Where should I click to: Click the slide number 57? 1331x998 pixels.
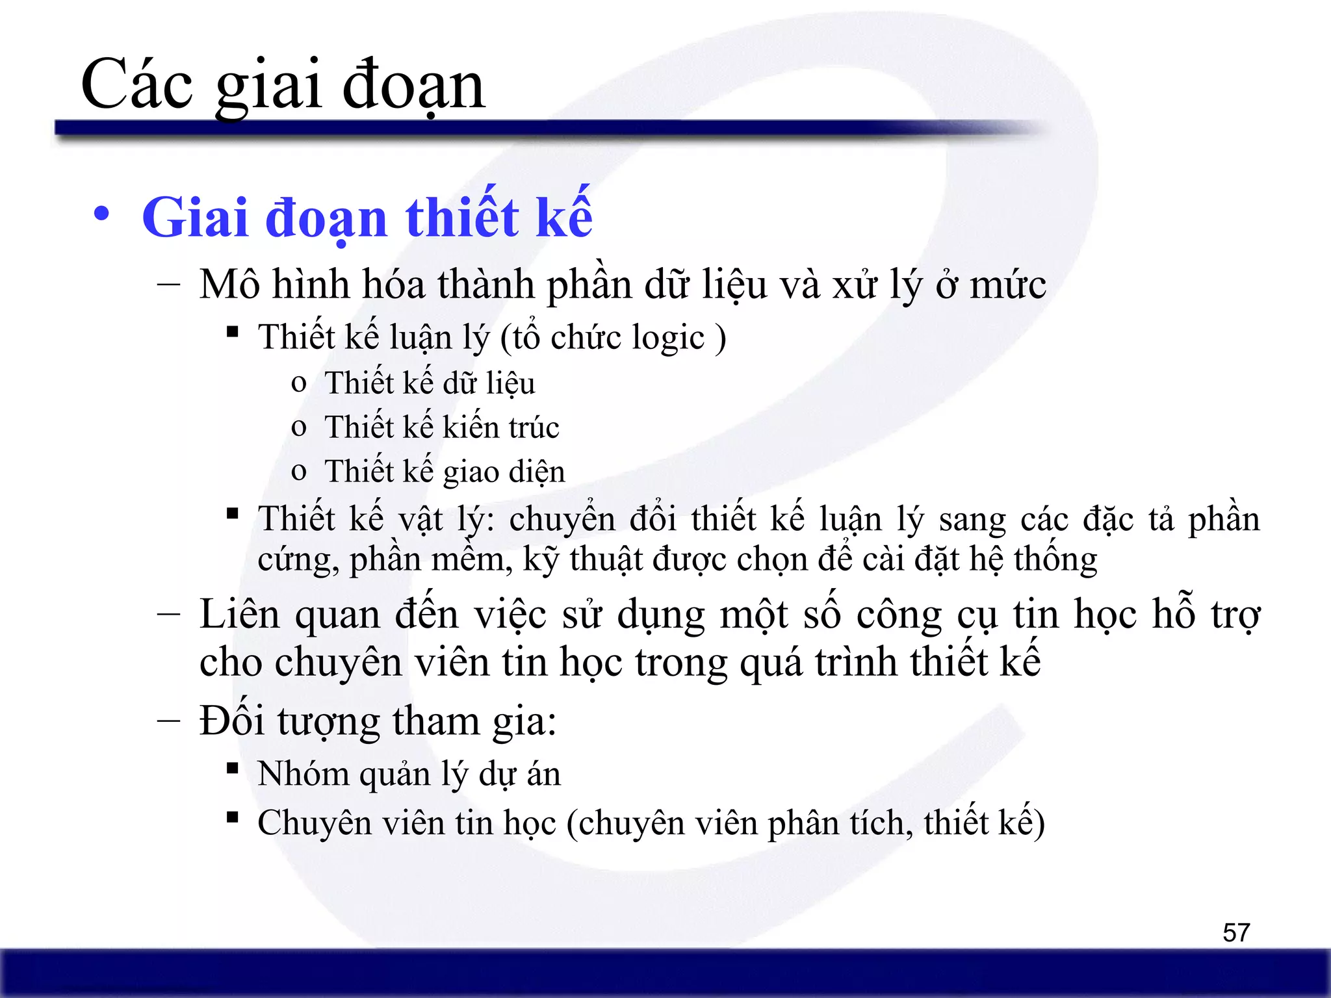click(x=1235, y=932)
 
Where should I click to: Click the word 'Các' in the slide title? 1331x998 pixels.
click(x=137, y=84)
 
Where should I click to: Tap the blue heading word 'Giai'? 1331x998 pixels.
click(x=196, y=218)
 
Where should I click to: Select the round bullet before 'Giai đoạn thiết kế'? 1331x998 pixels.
click(x=101, y=214)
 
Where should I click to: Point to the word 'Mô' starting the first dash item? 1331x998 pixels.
click(x=229, y=285)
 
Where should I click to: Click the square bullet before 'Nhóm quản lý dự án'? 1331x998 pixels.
click(x=232, y=769)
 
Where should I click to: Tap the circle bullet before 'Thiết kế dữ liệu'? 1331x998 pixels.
click(x=299, y=383)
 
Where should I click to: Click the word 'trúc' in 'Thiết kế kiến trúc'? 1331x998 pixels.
click(x=534, y=428)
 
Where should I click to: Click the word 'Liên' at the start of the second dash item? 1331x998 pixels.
click(x=239, y=614)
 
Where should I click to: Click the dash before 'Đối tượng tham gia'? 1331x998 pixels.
click(x=169, y=721)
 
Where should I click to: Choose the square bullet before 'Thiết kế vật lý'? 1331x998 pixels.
click(x=232, y=514)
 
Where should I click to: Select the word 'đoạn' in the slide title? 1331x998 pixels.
click(x=413, y=86)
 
